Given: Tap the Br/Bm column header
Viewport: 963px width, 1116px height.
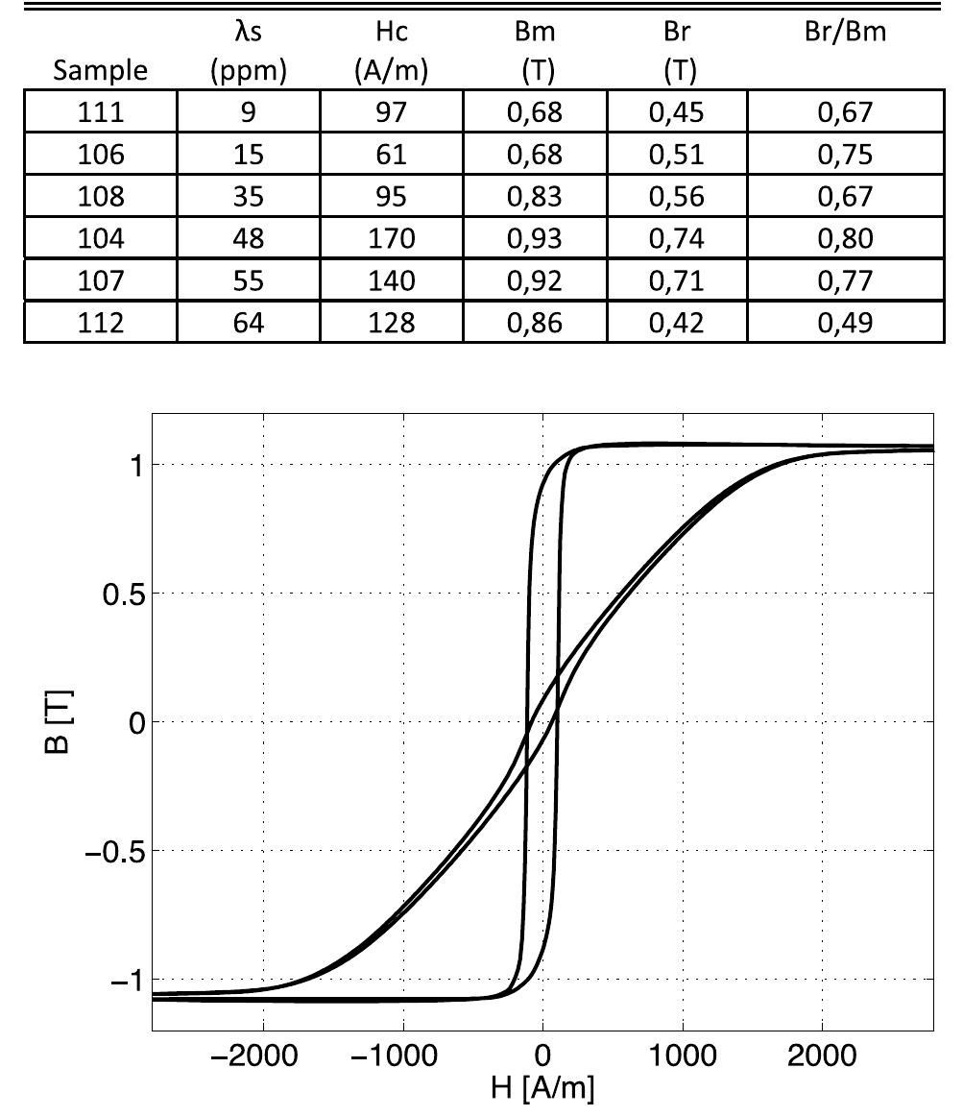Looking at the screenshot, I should pos(846,35).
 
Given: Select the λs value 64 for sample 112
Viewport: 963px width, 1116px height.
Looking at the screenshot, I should pos(249,321).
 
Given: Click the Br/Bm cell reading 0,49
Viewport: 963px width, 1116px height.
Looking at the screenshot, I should pos(846,321).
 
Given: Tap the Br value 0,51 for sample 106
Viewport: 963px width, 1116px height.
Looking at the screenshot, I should pos(678,155).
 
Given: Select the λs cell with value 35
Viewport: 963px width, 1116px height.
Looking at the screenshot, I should pos(249,196).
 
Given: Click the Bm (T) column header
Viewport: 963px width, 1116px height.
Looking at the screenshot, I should pos(535,52).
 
